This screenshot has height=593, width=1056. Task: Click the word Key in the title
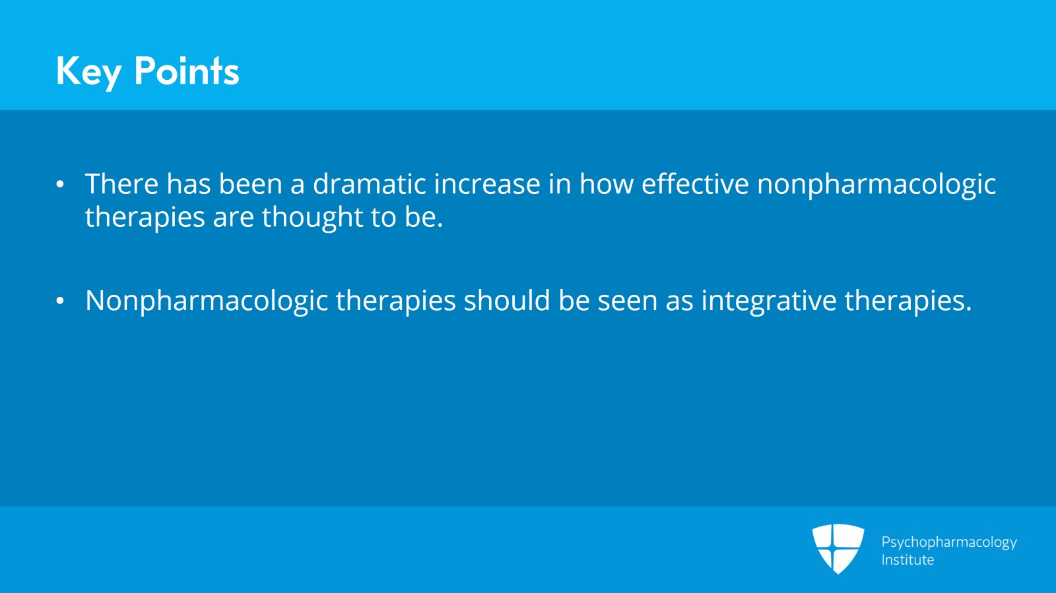click(x=88, y=72)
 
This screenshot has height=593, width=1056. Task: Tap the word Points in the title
click(x=187, y=71)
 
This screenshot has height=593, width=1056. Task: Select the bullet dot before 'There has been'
click(x=60, y=184)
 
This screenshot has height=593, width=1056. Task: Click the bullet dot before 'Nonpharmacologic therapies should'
click(x=60, y=301)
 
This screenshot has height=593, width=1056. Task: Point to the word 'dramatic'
click(x=369, y=183)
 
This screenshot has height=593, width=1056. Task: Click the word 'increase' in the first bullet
click(x=487, y=183)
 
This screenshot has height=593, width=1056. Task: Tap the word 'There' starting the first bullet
click(x=121, y=183)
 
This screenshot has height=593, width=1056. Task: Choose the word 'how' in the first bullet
click(x=607, y=183)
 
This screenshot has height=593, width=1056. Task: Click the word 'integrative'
click(x=769, y=301)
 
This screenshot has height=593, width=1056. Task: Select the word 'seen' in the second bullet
click(x=628, y=301)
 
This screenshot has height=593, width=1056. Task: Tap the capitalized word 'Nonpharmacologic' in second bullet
click(x=207, y=301)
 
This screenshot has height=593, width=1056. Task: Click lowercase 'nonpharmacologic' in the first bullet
click(x=876, y=184)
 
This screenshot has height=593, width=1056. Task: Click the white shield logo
click(x=838, y=549)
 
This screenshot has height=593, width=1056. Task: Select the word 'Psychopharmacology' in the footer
click(x=949, y=543)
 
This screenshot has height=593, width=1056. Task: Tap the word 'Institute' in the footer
click(x=907, y=559)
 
